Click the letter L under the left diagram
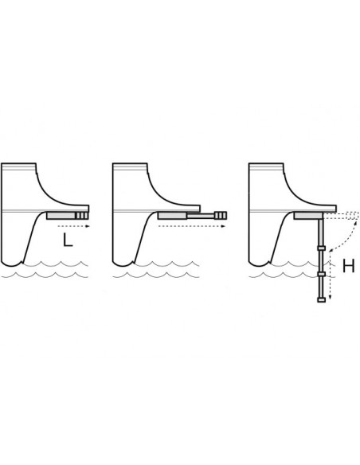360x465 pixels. click(x=68, y=240)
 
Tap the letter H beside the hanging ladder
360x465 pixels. click(x=348, y=265)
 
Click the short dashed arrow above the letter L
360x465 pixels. click(x=73, y=226)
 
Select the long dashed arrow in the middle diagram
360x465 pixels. click(x=192, y=226)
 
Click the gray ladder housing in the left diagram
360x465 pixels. click(x=61, y=216)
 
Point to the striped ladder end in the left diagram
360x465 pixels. click(x=82, y=216)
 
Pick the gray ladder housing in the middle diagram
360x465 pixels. click(x=172, y=216)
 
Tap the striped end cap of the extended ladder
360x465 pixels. click(x=221, y=215)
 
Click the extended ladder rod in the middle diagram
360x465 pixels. click(x=200, y=216)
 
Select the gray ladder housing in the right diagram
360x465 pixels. click(x=308, y=216)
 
